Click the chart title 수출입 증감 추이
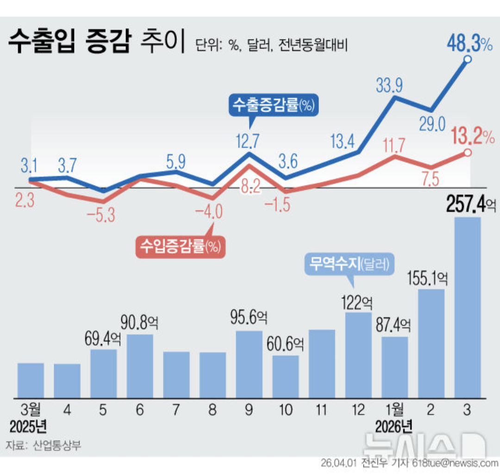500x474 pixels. point(95,42)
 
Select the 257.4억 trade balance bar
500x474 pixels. point(468,307)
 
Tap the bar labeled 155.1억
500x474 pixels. point(431,343)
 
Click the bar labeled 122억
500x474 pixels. point(358,355)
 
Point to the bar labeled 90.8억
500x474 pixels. point(140,365)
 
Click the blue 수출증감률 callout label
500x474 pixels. point(273,105)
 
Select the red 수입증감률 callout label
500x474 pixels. point(180,246)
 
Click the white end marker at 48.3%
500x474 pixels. point(468,59)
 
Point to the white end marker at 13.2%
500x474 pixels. point(468,153)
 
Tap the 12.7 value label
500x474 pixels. point(249,140)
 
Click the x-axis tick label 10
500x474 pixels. point(286,410)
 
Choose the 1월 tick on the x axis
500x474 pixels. point(394,410)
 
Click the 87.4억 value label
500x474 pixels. point(394,326)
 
